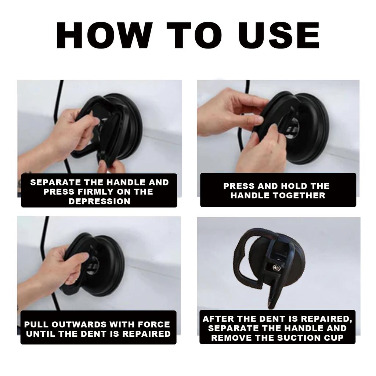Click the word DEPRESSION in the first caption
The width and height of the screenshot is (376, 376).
(x=99, y=201)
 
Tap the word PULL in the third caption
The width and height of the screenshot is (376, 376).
(x=36, y=325)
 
